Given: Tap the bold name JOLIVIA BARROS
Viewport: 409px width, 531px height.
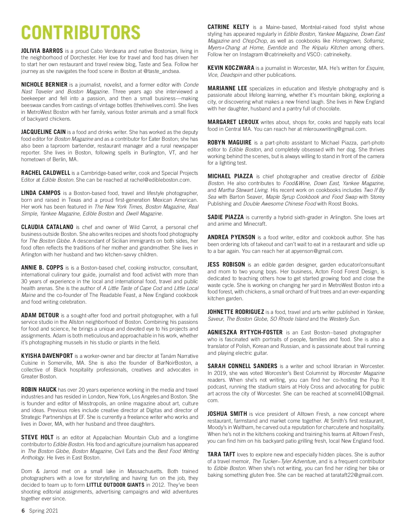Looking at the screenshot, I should [x=42, y=51].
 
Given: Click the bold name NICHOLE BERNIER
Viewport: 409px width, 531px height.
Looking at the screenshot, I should [x=44, y=85].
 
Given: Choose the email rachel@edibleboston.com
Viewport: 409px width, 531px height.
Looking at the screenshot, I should [x=160, y=180].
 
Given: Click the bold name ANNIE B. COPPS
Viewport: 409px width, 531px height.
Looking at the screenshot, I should [x=42, y=268].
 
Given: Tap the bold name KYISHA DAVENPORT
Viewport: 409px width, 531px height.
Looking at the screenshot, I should [x=47, y=356].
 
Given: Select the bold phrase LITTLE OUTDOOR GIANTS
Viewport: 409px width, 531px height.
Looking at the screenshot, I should [x=116, y=485].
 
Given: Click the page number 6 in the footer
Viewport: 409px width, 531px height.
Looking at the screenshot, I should [x=23, y=511].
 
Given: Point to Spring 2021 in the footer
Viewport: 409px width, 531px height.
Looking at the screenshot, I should [x=43, y=511].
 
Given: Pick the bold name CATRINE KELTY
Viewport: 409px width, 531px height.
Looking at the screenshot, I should [x=228, y=27].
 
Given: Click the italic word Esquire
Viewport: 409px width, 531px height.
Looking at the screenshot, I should [x=375, y=68].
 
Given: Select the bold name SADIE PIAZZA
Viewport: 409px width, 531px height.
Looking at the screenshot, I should [x=226, y=217].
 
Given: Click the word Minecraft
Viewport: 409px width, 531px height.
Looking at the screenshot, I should [x=255, y=224].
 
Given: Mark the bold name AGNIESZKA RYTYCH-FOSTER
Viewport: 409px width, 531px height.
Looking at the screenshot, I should [x=245, y=332].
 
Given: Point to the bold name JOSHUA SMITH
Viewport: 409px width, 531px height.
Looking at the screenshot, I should [x=227, y=414].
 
